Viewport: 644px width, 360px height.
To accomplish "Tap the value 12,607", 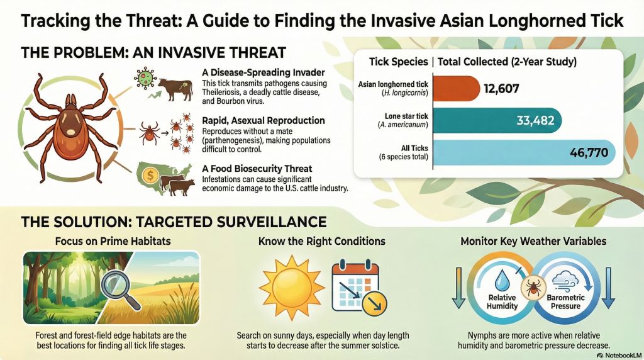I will pyautogui.click(x=501, y=89).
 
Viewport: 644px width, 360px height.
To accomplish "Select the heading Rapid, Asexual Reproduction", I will pyautogui.click(x=264, y=120).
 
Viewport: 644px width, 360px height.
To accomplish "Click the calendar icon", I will pyautogui.click(x=355, y=285).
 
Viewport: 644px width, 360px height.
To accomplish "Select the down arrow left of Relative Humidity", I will pyautogui.click(x=458, y=289).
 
